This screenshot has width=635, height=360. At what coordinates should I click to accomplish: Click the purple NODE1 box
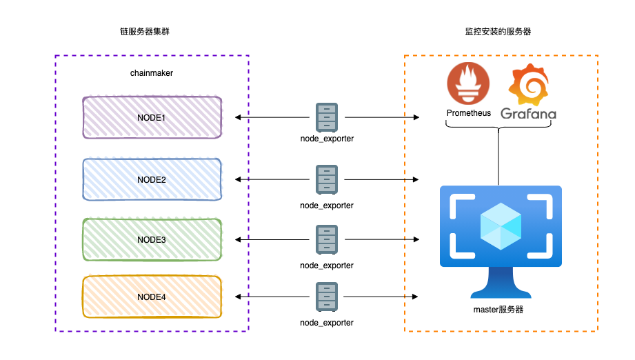pos(152,118)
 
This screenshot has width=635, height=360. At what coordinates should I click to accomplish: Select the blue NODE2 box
pos(152,179)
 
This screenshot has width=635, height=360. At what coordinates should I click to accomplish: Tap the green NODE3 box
pos(152,239)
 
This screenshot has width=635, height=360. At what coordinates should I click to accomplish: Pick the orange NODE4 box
pos(152,297)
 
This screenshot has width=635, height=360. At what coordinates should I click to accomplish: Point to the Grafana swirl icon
pos(527,84)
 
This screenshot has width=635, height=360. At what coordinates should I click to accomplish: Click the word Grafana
pos(528,113)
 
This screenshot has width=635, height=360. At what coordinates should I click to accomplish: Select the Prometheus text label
pos(469,113)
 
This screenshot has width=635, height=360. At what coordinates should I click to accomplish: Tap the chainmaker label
pos(152,73)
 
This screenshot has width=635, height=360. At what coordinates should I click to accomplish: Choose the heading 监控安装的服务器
pos(498,32)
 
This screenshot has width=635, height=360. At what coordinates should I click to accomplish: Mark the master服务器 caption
pos(500,310)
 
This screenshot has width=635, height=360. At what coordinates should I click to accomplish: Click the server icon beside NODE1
pos(327,117)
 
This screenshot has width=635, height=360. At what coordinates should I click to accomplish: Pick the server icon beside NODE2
pos(327,179)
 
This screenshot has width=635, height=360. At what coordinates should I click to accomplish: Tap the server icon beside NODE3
pos(327,239)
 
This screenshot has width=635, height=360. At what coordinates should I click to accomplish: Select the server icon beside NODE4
pos(327,297)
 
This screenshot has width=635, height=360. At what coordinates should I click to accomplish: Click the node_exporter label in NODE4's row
pos(327,323)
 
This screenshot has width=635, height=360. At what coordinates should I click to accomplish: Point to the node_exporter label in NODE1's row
pos(327,139)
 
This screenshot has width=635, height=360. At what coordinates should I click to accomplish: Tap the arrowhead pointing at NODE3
pos(238,239)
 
